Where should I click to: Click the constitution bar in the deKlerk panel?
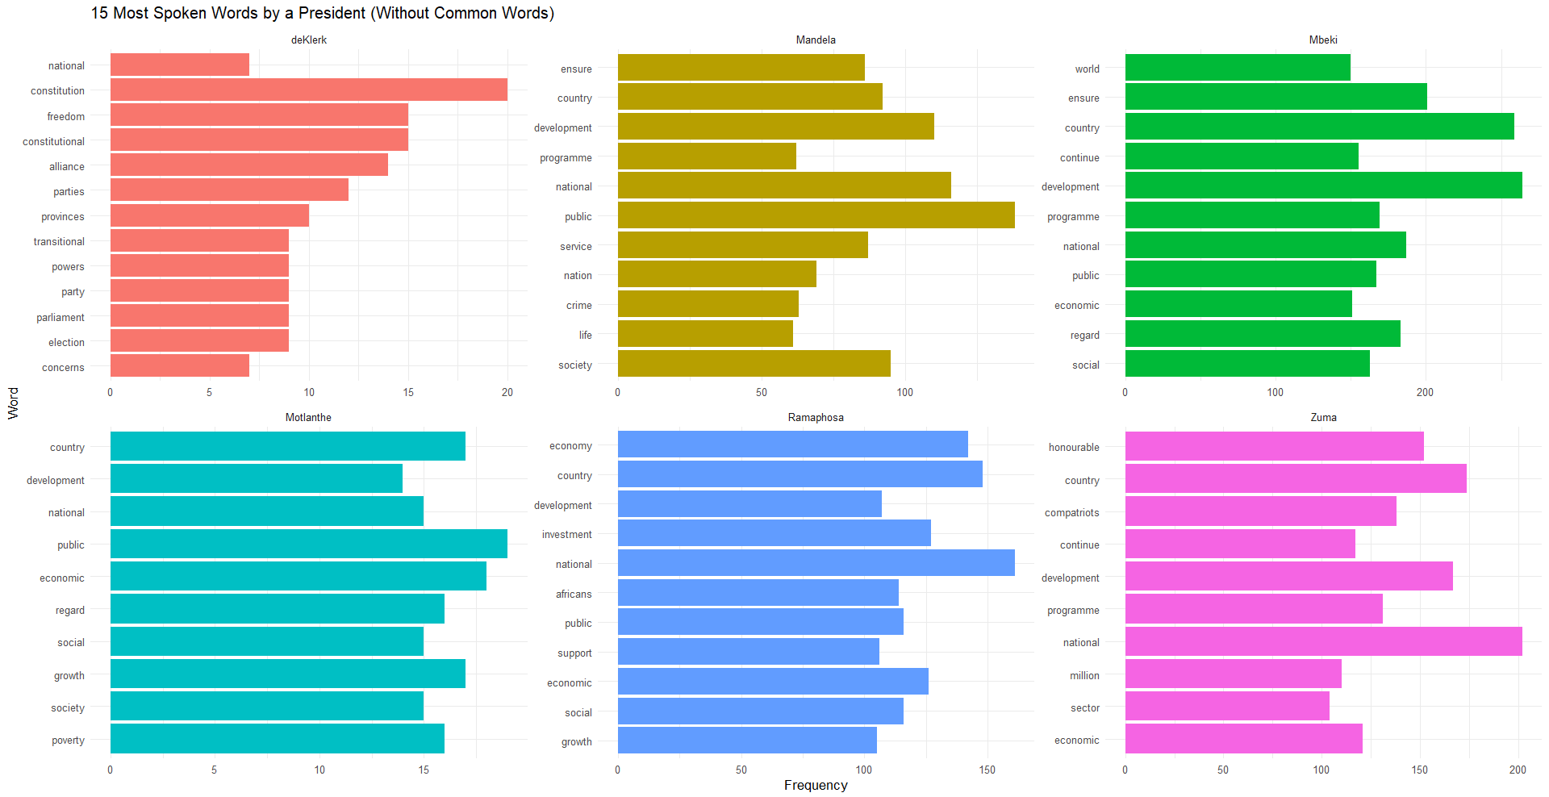pos(308,90)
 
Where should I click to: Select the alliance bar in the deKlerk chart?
pos(248,165)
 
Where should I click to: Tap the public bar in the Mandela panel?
pos(816,215)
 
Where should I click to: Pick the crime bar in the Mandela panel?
pos(708,304)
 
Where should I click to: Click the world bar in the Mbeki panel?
pos(1237,68)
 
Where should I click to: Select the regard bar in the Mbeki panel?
pos(1262,334)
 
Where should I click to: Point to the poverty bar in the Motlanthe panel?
pos(277,739)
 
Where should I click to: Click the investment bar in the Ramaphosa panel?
pos(774,533)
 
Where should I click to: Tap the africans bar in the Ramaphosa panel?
pos(758,593)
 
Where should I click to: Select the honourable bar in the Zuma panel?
pos(1274,446)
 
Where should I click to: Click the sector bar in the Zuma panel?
pos(1226,707)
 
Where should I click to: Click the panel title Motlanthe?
pos(308,417)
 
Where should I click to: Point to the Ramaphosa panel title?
pos(816,417)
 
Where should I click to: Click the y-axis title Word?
pos(13,403)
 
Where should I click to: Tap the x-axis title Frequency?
pos(816,785)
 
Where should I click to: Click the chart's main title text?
pos(322,13)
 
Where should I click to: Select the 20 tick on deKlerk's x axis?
pos(507,392)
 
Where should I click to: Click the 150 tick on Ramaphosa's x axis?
pos(987,770)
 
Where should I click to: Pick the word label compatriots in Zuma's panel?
pos(1071,512)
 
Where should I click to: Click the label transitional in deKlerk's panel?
pos(59,241)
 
